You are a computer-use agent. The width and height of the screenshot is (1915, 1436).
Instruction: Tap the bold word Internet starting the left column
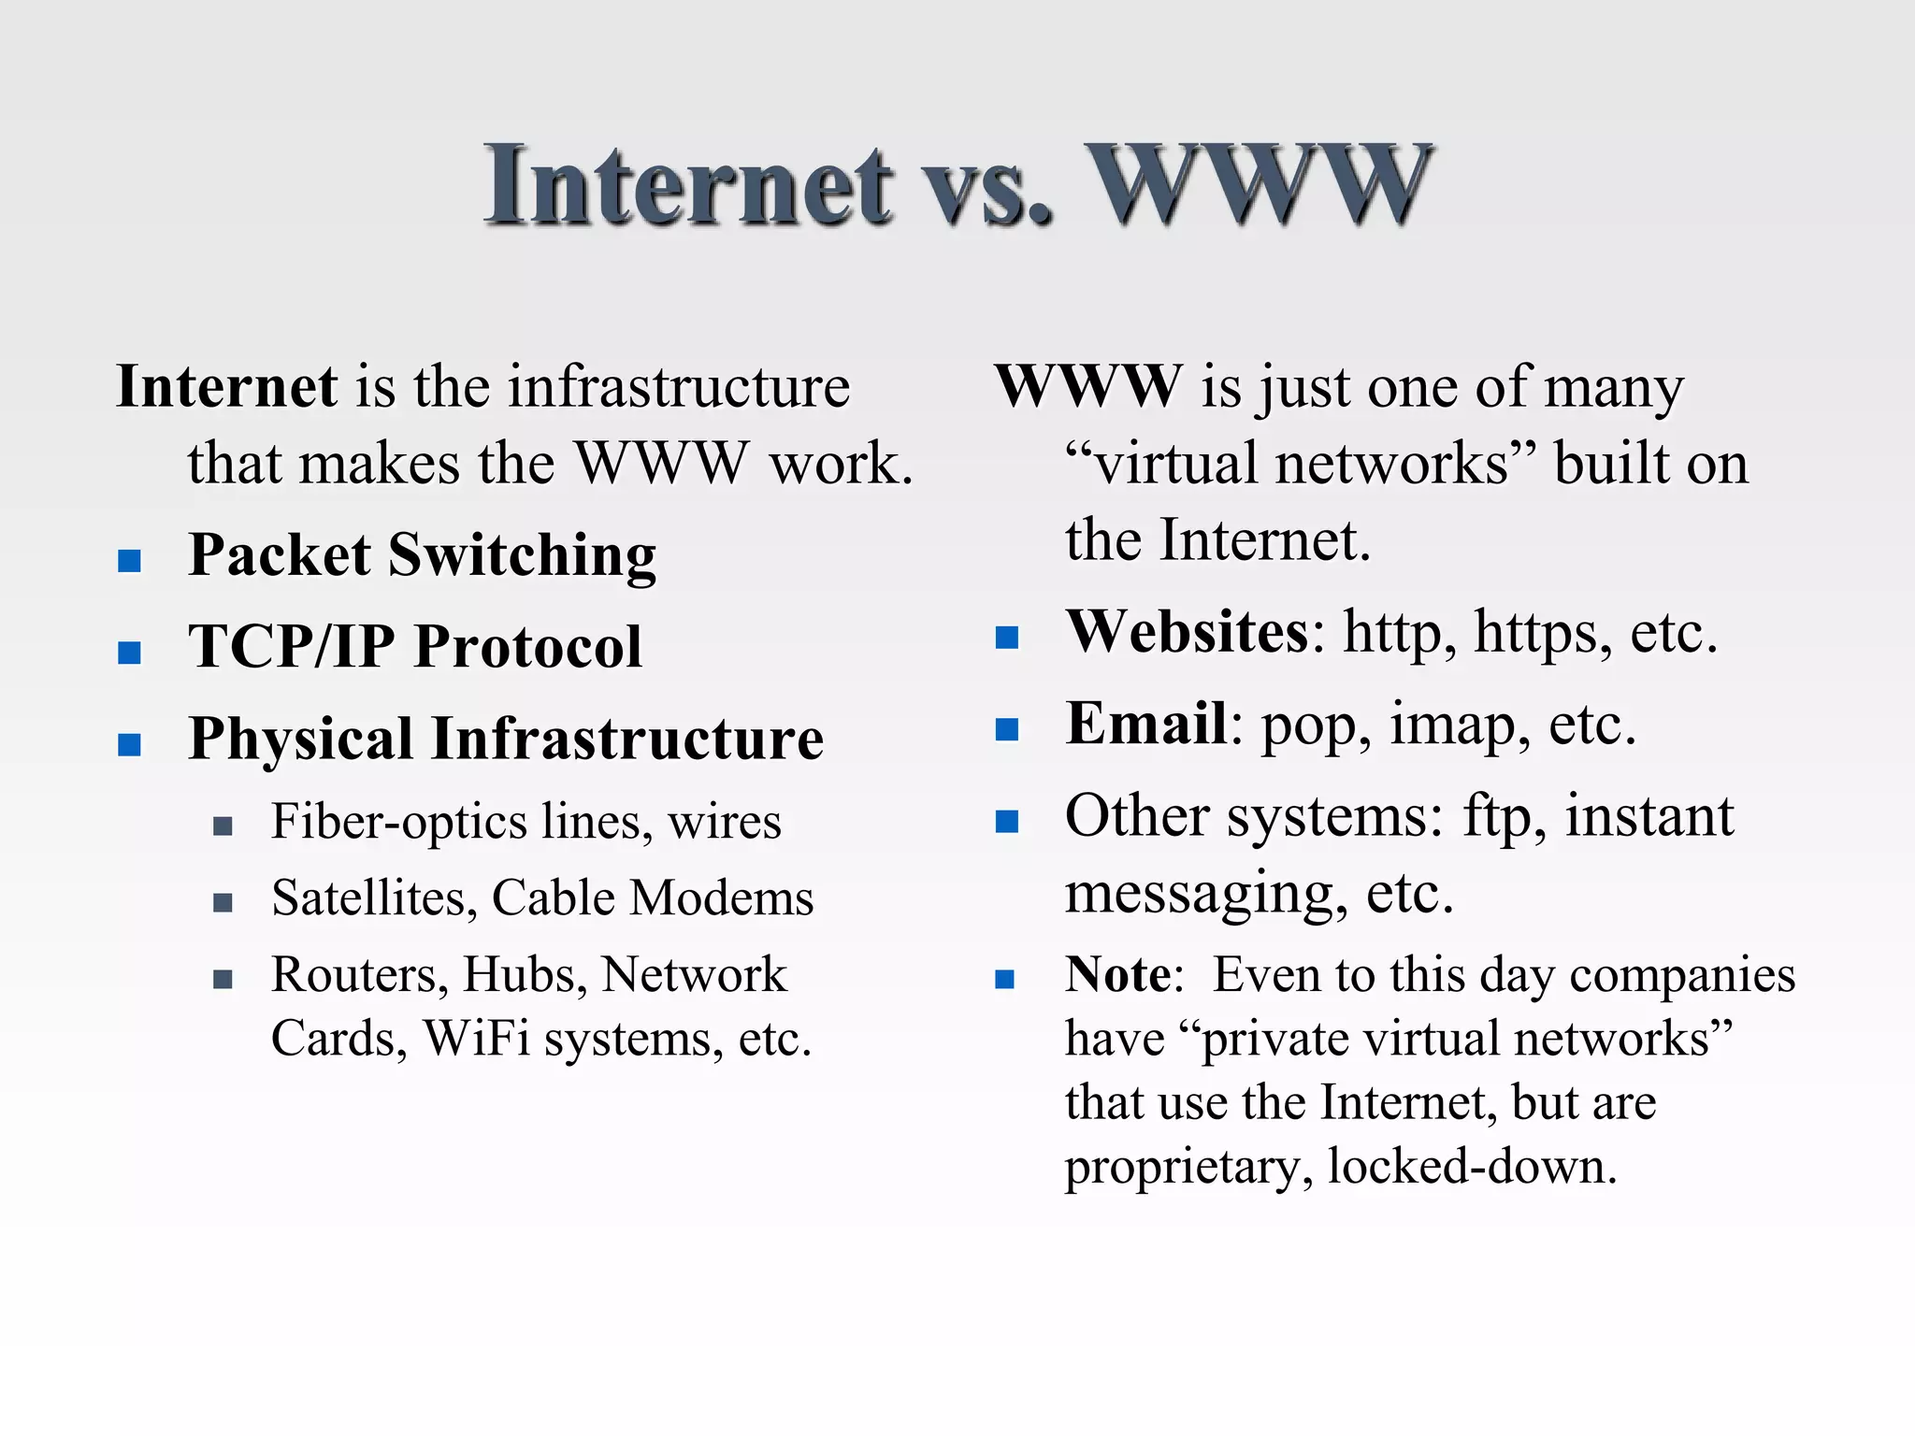[226, 386]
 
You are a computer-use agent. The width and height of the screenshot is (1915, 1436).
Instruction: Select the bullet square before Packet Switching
[130, 561]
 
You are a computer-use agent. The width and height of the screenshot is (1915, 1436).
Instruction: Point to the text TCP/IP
[291, 646]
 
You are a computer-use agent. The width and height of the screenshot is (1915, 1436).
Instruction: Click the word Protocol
[528, 646]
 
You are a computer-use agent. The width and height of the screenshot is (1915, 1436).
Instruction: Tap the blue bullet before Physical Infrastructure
[130, 745]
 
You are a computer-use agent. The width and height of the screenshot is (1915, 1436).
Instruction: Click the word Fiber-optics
[399, 823]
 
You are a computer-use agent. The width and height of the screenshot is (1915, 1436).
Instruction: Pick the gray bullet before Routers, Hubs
[223, 980]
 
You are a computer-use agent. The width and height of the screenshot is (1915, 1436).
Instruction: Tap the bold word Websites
[1188, 632]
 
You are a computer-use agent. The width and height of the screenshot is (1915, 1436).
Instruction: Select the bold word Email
[1146, 724]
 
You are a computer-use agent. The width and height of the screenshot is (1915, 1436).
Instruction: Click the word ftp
[1497, 817]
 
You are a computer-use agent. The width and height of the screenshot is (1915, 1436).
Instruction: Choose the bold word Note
[1118, 975]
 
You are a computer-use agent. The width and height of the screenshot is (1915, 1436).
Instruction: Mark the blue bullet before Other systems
[1007, 822]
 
